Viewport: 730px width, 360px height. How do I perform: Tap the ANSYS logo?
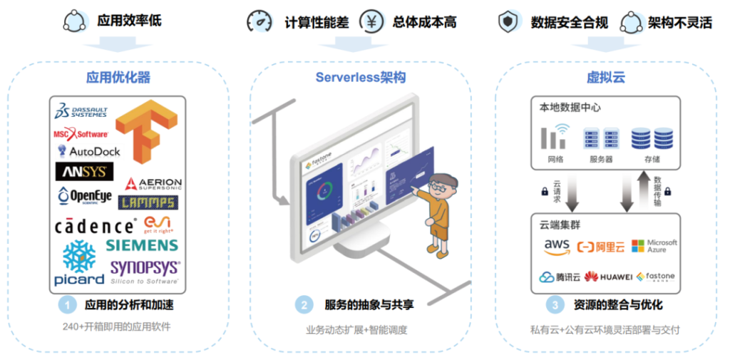(x=84, y=172)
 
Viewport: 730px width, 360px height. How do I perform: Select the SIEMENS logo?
(x=142, y=245)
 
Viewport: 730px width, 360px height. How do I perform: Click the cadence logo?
(x=95, y=227)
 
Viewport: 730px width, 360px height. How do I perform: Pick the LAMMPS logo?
(x=148, y=203)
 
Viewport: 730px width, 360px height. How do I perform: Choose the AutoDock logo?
(x=89, y=151)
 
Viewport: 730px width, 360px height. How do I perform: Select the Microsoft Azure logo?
(x=654, y=246)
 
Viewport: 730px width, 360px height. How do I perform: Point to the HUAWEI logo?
(x=608, y=277)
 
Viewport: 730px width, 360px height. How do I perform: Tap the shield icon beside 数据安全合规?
(x=508, y=21)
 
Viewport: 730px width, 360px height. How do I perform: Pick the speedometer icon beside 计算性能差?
(x=259, y=21)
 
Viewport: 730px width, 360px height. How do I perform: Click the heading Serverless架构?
(x=361, y=77)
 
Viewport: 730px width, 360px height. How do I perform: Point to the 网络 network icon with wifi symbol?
(x=555, y=137)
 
